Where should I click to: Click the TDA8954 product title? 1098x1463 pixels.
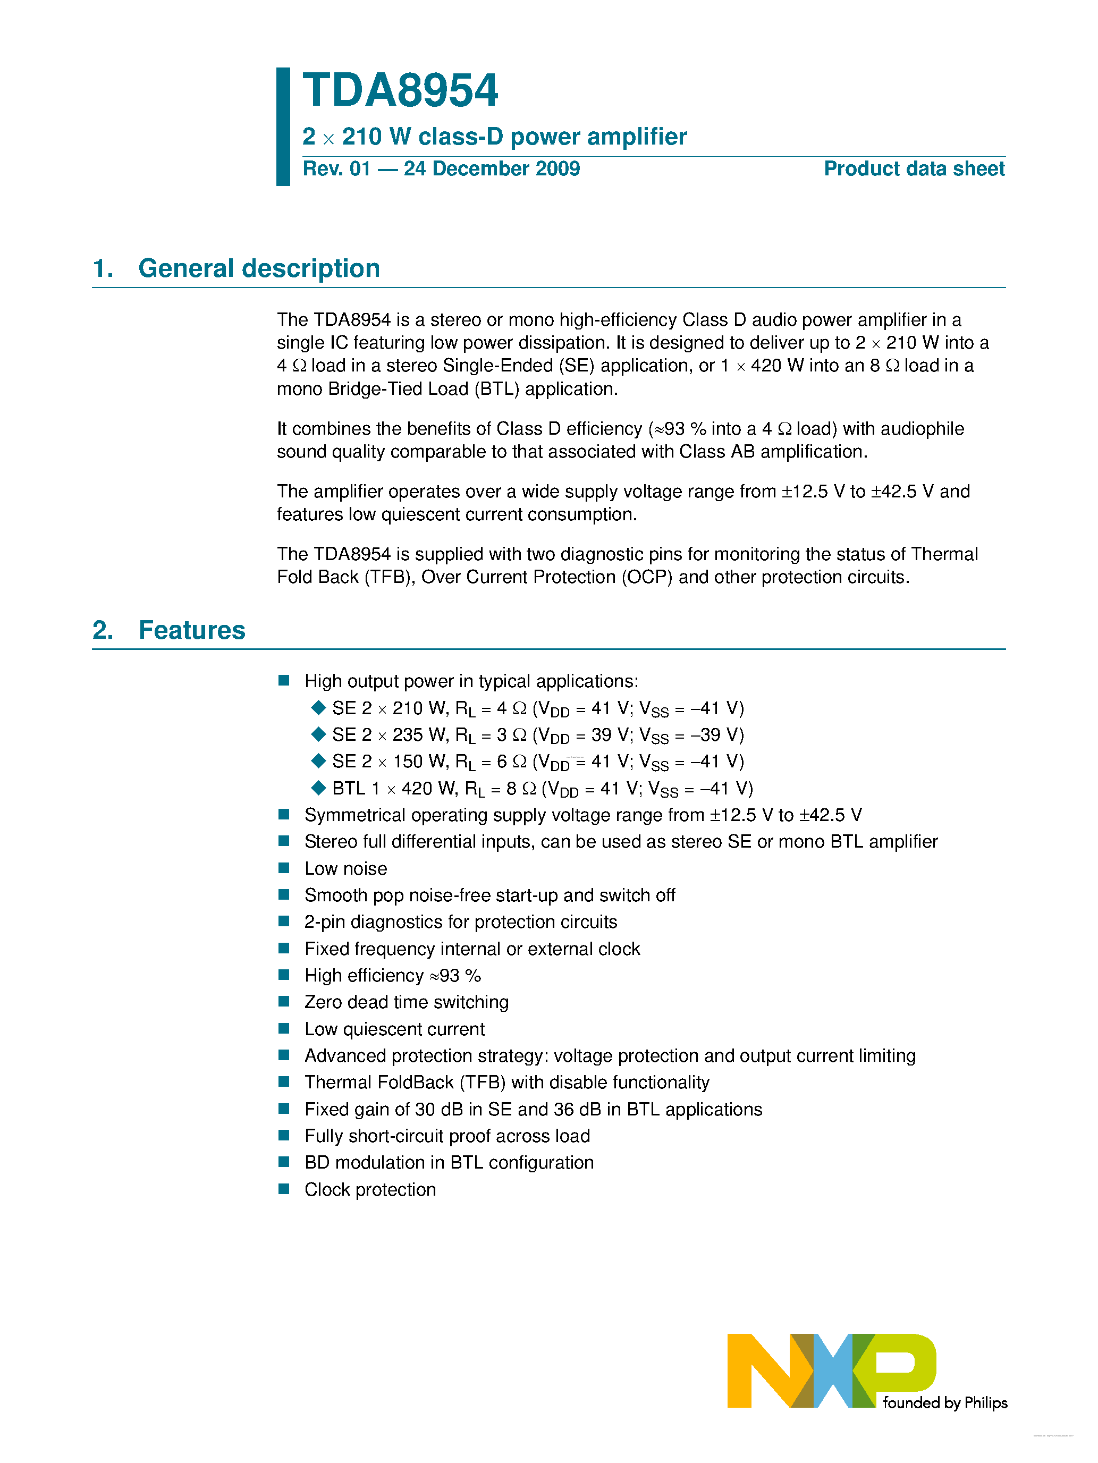tap(400, 91)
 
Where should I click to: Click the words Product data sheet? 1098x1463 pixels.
tap(914, 168)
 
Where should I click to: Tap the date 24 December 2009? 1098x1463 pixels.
tap(492, 168)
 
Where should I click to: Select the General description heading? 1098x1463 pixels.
tap(259, 268)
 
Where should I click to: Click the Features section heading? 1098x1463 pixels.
tap(192, 630)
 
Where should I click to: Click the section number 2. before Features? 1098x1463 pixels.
tap(103, 630)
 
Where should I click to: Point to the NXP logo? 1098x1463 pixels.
tap(831, 1370)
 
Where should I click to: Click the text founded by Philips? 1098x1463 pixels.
tap(944, 1403)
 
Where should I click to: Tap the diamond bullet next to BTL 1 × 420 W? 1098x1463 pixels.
tap(318, 788)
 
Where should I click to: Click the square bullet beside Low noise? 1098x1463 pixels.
tap(284, 868)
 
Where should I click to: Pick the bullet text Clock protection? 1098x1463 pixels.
tap(370, 1189)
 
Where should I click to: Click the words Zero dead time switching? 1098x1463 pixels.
tap(406, 1002)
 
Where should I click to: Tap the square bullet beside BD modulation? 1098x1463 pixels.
tap(284, 1162)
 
